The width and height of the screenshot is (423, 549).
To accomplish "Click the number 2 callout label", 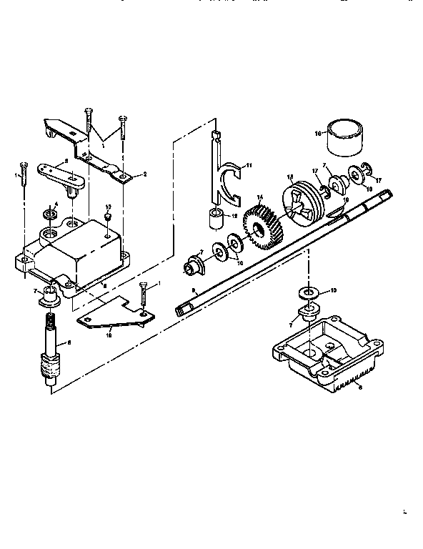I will tap(144, 174).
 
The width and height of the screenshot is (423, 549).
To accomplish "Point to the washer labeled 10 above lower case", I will tap(306, 294).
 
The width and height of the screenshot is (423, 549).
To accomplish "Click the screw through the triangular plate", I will tap(143, 296).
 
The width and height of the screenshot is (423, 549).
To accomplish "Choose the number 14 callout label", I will tap(260, 197).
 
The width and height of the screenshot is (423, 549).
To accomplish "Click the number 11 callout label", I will tap(249, 165).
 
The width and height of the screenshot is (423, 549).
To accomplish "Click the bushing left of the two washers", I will tap(193, 263).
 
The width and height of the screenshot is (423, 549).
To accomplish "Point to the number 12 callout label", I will tap(234, 215).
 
